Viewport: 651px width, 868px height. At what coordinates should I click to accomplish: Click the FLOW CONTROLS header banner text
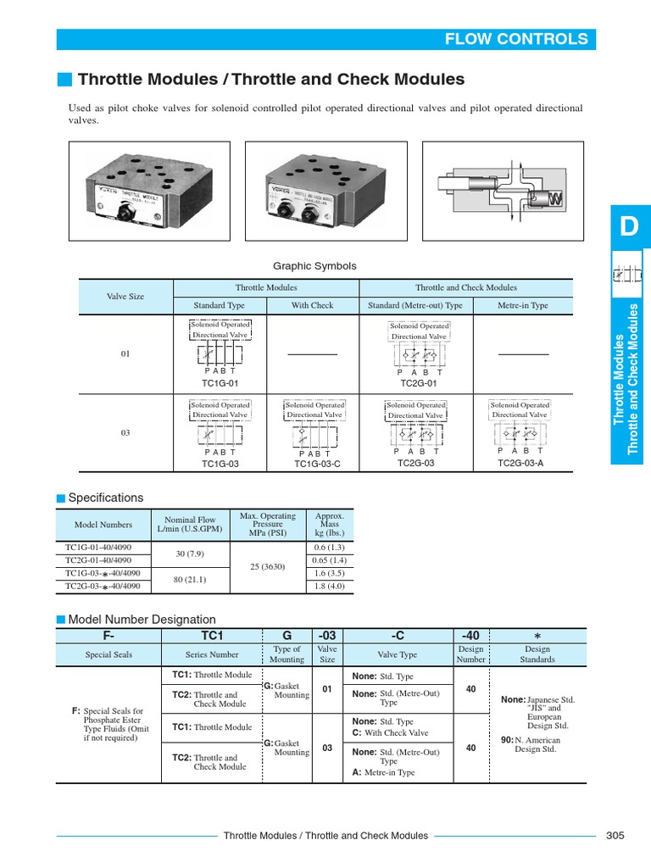coord(516,39)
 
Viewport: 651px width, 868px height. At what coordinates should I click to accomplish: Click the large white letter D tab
coord(628,228)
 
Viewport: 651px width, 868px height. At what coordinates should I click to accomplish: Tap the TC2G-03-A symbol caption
coord(520,463)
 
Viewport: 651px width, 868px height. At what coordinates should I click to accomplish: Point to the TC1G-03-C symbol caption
coord(317,464)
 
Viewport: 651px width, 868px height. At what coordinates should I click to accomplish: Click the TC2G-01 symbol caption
coord(416,382)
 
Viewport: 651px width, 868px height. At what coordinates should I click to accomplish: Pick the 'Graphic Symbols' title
coord(314,265)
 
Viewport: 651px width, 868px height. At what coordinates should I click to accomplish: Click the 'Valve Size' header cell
coord(125,297)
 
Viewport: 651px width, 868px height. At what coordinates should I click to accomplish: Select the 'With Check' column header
coord(312,305)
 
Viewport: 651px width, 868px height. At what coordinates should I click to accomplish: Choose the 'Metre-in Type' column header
coord(522,305)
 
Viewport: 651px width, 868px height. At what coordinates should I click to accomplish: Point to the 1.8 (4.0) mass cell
coord(329,585)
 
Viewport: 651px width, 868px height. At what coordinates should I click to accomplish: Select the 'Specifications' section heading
coord(105,498)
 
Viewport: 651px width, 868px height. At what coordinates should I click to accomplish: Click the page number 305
coord(615,835)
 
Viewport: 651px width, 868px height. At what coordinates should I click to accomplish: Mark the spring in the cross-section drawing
coord(556,198)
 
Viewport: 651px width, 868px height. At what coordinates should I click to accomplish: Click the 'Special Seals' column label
coord(105,655)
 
